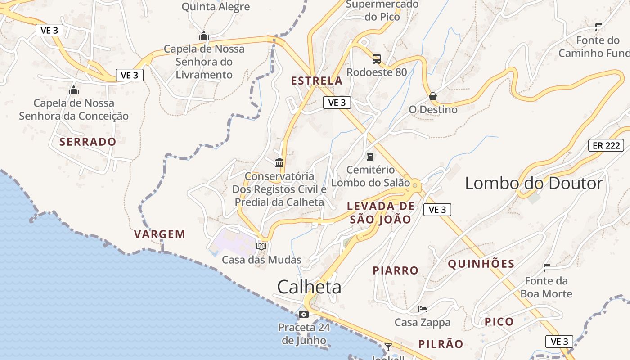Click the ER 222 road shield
click(x=606, y=145)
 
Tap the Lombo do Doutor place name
click(x=534, y=184)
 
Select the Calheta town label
click(x=309, y=287)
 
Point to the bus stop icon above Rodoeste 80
click(x=377, y=59)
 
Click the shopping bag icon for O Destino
click(x=433, y=96)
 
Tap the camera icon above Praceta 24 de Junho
click(x=304, y=314)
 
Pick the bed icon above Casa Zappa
click(x=423, y=309)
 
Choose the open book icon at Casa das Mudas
click(x=261, y=246)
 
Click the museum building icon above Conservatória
click(x=279, y=162)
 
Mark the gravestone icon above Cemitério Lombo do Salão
click(x=370, y=157)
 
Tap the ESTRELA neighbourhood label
click(x=317, y=81)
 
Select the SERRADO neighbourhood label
click(x=88, y=142)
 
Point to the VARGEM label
click(x=160, y=234)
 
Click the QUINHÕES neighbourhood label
click(x=481, y=264)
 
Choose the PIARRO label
click(x=396, y=270)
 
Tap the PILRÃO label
click(x=441, y=344)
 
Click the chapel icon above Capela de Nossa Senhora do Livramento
click(x=204, y=36)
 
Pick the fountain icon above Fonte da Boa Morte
click(x=547, y=268)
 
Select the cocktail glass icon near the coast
click(x=388, y=347)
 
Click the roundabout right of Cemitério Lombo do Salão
click(x=415, y=184)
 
